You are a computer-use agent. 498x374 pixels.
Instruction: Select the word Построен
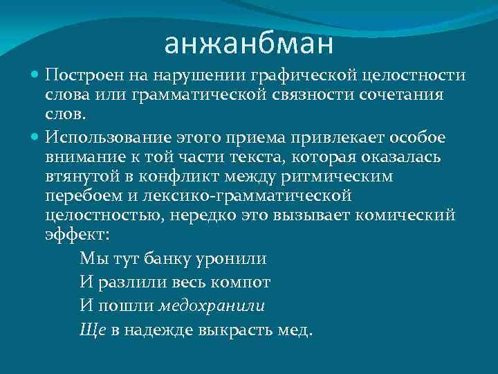tap(76, 75)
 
